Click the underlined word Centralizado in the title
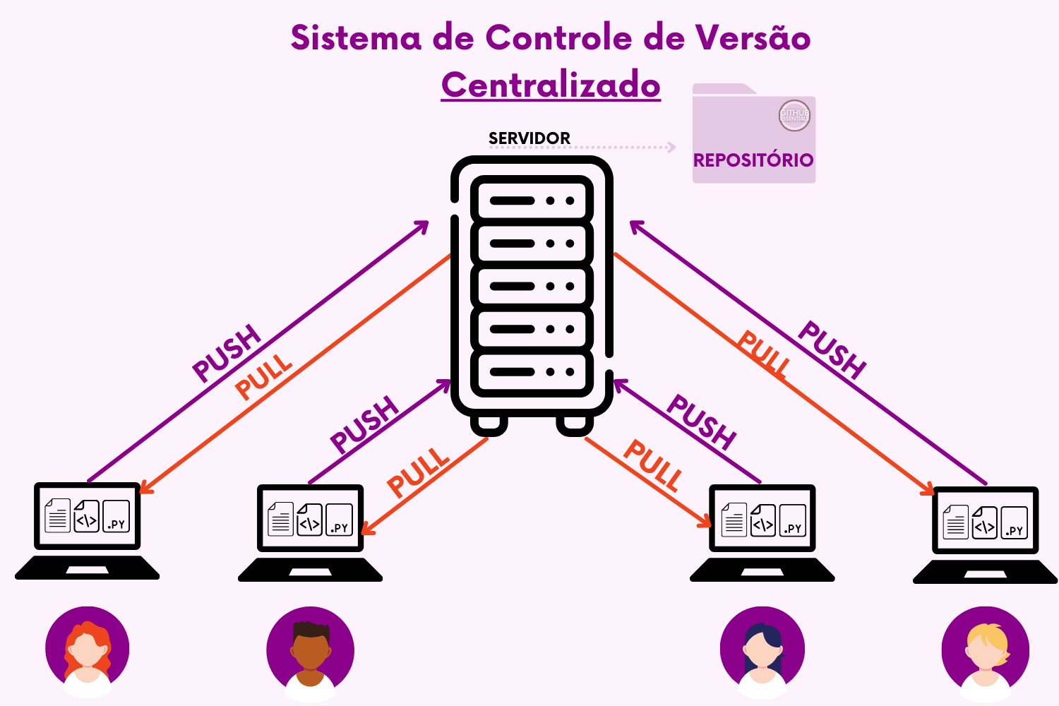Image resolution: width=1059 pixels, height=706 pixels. (551, 85)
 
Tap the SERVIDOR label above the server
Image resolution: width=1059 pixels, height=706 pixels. (529, 138)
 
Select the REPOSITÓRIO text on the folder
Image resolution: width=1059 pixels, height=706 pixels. (753, 160)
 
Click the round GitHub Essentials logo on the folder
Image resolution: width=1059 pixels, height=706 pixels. (794, 115)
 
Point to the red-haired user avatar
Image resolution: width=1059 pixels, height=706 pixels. (88, 650)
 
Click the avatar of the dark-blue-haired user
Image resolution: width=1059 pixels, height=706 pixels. (762, 650)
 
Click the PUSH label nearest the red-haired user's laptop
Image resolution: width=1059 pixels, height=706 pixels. (227, 353)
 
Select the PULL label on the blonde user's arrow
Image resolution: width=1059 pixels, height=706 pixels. (764, 354)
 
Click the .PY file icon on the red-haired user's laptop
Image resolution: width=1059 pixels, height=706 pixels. (116, 516)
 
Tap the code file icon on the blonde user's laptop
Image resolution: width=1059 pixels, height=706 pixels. (984, 523)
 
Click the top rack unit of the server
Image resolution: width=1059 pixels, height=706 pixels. (532, 201)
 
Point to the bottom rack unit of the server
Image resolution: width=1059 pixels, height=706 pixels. (532, 372)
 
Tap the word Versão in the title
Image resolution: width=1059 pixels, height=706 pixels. (753, 37)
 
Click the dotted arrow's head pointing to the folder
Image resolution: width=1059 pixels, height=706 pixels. (671, 148)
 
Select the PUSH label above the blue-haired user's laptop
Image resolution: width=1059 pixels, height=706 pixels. (701, 421)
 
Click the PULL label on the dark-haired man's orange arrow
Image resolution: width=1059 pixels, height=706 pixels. (418, 472)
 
